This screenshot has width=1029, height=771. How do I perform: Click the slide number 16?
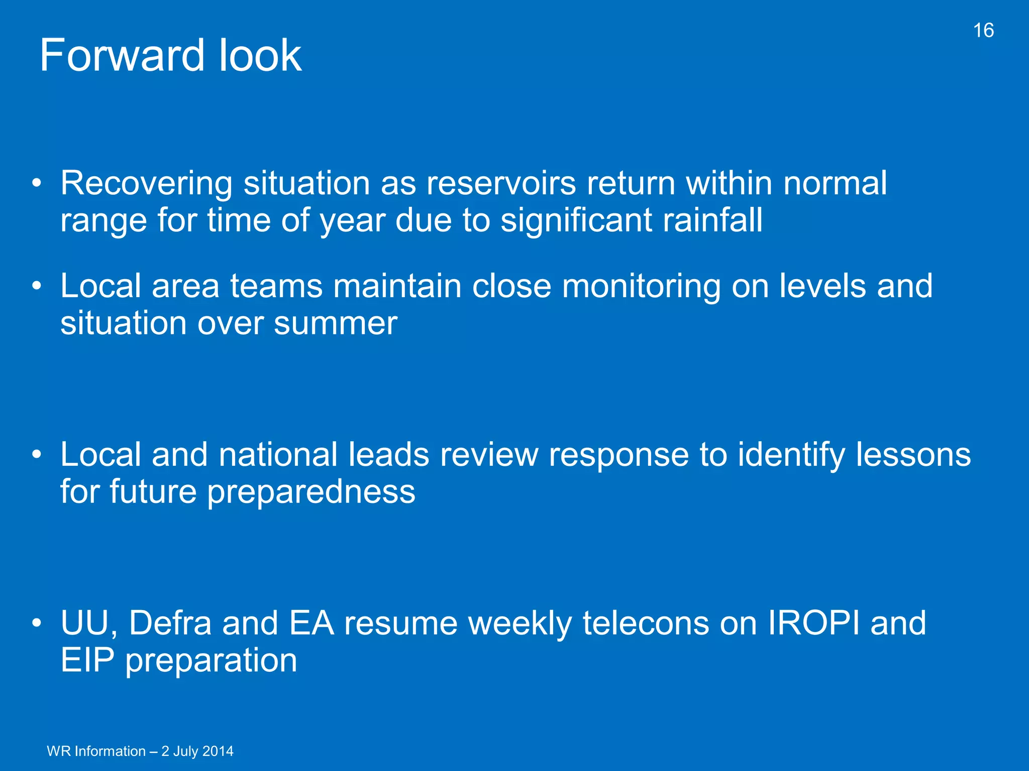(983, 31)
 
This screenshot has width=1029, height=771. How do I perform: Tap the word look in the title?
(260, 56)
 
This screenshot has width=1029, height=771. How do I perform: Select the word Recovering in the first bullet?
(146, 184)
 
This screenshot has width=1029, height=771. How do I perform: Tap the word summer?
(336, 324)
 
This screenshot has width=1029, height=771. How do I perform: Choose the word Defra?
(170, 623)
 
